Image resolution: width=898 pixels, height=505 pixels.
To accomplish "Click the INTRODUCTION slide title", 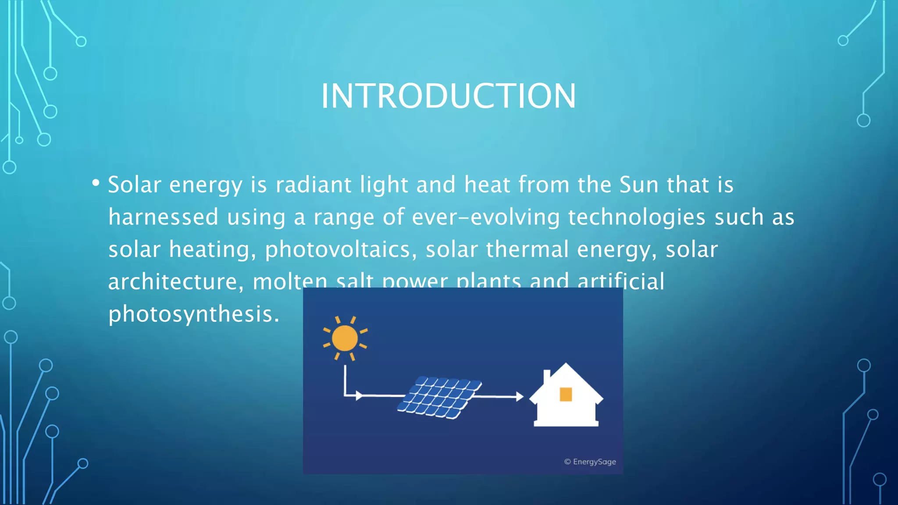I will click(x=448, y=96).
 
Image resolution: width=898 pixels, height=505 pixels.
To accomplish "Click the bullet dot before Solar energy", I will click(x=96, y=183).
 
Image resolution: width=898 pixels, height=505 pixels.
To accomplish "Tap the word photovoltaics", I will click(x=340, y=249).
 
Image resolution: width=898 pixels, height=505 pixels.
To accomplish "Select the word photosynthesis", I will click(x=193, y=314).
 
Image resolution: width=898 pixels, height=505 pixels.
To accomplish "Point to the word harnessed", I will click(x=163, y=217).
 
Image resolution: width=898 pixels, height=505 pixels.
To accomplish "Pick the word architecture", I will click(x=175, y=282).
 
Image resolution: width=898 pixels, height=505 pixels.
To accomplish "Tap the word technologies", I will click(x=637, y=217).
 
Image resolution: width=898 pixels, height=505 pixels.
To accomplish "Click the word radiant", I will click(x=313, y=185).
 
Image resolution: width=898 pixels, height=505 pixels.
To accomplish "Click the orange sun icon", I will click(x=345, y=338).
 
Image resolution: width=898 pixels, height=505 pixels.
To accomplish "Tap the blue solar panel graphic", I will click(x=439, y=397).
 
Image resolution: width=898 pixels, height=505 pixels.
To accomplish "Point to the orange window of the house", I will click(x=566, y=394).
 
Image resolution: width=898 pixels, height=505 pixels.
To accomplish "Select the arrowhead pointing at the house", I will click(x=520, y=397).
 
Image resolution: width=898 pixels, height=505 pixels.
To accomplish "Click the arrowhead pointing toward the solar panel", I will click(x=359, y=396).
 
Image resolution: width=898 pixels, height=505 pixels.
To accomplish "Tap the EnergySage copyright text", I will click(x=590, y=462).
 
